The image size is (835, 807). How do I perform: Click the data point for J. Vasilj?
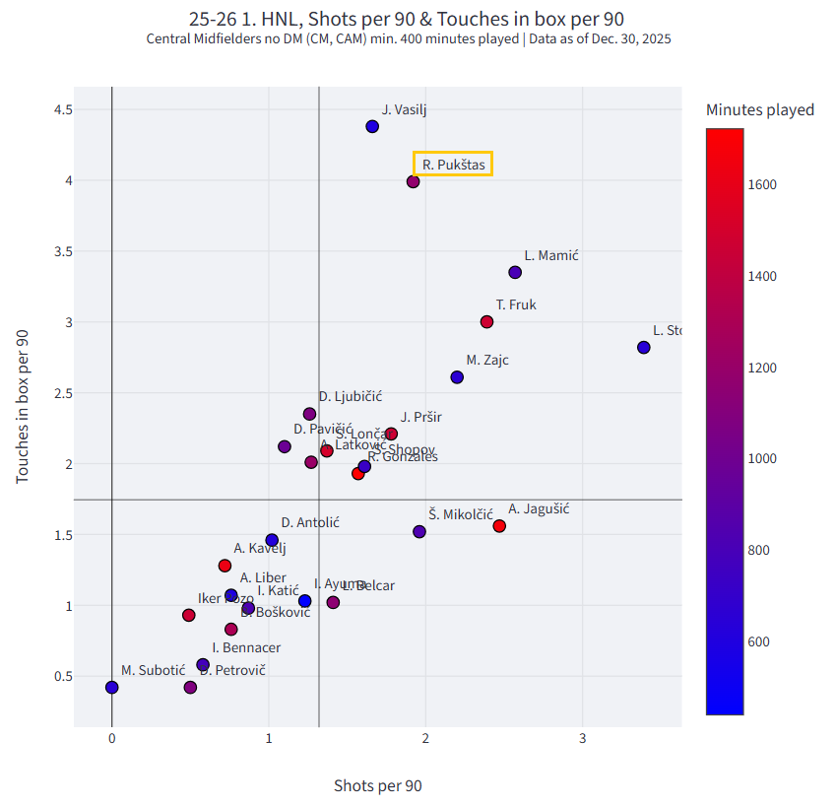point(372,126)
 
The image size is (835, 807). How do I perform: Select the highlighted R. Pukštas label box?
point(453,165)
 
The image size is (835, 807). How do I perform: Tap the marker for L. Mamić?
point(515,272)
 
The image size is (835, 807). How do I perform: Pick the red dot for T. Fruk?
point(486,322)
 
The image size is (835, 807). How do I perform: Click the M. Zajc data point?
point(457,377)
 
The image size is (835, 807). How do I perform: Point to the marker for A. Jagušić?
point(499,526)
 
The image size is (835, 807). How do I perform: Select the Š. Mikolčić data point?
point(419,532)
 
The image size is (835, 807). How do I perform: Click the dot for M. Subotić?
point(112,688)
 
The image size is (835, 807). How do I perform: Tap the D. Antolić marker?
point(272,540)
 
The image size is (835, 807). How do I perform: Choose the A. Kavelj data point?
point(225,566)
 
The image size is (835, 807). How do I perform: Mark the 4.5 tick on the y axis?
point(64,109)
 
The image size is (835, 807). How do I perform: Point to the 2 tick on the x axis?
point(425,739)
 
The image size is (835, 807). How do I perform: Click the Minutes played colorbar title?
point(759,109)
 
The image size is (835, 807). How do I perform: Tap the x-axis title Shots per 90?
point(377,785)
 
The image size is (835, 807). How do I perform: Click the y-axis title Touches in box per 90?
point(23,405)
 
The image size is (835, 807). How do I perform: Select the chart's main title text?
point(406,19)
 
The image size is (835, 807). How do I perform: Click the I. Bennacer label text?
point(246,647)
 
